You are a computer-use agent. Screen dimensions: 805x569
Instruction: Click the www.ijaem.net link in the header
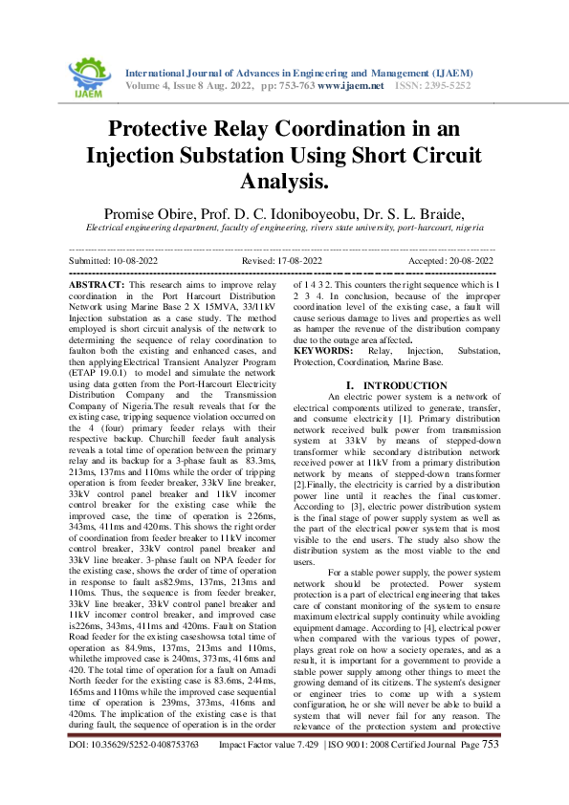click(x=350, y=86)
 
